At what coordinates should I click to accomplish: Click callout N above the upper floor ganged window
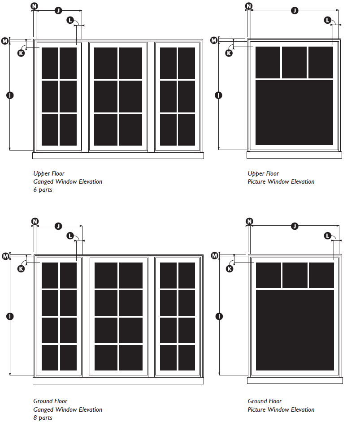pos(35,6)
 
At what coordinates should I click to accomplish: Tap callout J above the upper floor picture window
pos(295,10)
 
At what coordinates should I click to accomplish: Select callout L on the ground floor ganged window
pos(70,236)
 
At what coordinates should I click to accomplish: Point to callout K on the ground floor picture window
pos(229,269)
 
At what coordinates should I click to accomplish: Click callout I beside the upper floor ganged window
pos(10,95)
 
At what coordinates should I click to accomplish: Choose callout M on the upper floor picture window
pos(214,41)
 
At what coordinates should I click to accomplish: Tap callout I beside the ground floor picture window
pos(218,316)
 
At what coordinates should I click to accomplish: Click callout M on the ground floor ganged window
pos(5,256)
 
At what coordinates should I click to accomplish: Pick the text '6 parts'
pos(43,190)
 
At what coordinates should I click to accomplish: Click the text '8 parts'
pos(43,418)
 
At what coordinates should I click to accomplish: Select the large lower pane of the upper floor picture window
pos(294,113)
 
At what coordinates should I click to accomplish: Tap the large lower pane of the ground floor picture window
pos(295,330)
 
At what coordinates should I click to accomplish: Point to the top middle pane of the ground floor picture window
pos(295,275)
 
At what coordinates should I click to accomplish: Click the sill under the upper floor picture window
pos(294,155)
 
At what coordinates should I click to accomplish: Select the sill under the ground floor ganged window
pos(118,380)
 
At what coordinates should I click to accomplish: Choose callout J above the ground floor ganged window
pos(58,226)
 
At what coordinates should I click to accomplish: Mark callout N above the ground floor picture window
pos(250,221)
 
